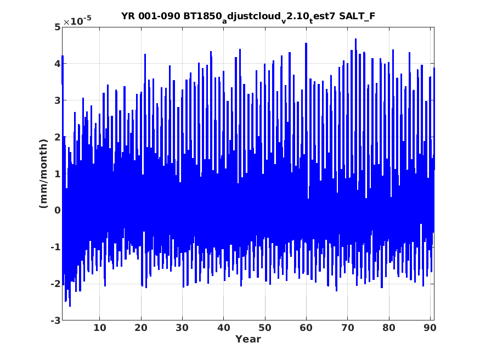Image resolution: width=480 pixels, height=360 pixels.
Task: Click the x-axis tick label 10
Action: (x=99, y=328)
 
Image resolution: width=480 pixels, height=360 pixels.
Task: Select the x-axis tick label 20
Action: (x=141, y=328)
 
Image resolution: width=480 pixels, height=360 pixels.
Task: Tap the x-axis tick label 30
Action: (x=182, y=328)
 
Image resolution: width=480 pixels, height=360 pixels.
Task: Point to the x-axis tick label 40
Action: (x=223, y=328)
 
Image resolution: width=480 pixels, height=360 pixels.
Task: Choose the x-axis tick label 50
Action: (x=265, y=328)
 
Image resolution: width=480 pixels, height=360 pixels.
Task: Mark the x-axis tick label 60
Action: (x=306, y=328)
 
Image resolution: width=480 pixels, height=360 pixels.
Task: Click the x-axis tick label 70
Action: (x=347, y=328)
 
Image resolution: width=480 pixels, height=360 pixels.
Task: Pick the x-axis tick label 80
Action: (x=389, y=328)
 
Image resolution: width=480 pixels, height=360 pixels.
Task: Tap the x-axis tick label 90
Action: (x=430, y=328)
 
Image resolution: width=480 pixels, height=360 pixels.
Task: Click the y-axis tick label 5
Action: (x=57, y=27)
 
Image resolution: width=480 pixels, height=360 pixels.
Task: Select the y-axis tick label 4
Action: (x=57, y=64)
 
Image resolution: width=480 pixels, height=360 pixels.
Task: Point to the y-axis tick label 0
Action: (x=57, y=210)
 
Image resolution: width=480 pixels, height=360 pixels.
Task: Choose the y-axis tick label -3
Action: (x=55, y=320)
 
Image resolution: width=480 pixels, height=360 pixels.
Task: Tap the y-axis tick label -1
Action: (x=55, y=247)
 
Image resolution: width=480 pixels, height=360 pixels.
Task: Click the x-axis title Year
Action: (x=248, y=339)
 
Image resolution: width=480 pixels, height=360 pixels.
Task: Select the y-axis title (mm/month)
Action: (x=44, y=173)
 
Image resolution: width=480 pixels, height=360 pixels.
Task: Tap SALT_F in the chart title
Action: (x=357, y=16)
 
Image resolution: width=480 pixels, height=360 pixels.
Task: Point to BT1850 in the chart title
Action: (x=202, y=16)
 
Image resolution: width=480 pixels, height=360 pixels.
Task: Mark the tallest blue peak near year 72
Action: (x=355, y=39)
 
